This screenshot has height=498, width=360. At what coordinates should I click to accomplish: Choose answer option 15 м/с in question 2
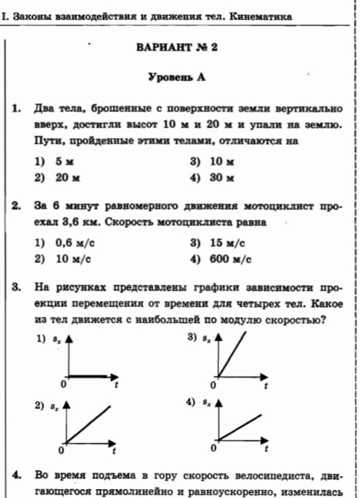[x=227, y=242]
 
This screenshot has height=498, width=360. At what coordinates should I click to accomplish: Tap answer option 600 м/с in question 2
[x=230, y=259]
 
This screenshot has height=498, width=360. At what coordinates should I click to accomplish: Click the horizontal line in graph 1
[x=89, y=374]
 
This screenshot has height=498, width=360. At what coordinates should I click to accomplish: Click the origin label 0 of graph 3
[x=212, y=385]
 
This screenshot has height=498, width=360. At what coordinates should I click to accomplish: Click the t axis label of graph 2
[x=114, y=451]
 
